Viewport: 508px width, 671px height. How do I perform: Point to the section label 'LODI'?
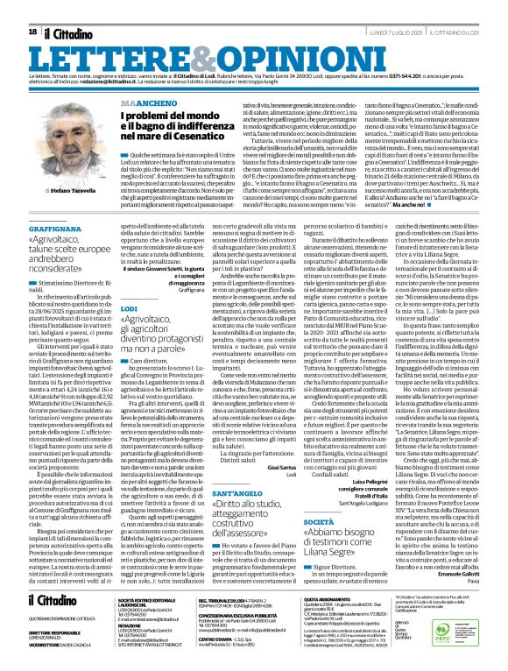[128, 285]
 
